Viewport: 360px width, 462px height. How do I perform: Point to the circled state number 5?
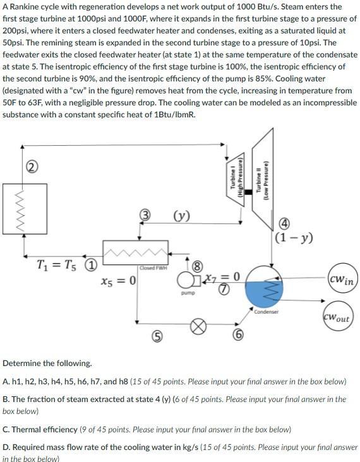153,336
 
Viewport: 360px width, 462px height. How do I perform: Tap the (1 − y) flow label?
292,238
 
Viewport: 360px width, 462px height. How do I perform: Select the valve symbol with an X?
199,327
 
